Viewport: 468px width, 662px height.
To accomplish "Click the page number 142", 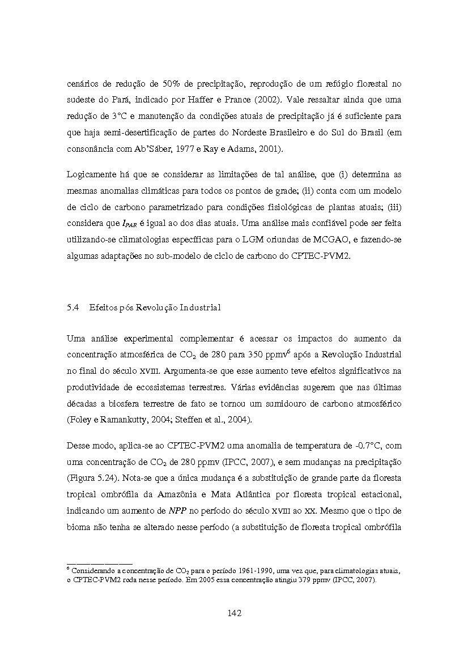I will tap(235, 613).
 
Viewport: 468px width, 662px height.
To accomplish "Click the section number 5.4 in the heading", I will tap(72, 307).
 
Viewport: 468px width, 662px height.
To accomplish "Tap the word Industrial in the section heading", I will tap(199, 307).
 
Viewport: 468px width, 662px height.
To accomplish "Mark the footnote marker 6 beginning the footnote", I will tap(68, 568).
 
